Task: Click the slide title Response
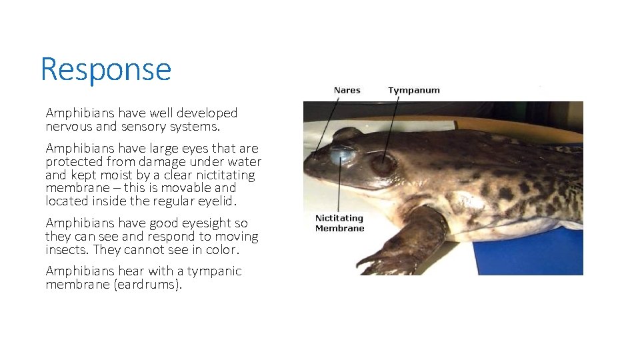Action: (x=105, y=69)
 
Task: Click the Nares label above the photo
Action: (x=347, y=90)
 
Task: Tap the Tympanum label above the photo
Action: (x=414, y=90)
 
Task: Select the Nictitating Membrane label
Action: (x=339, y=223)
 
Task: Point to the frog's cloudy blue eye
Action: (x=342, y=155)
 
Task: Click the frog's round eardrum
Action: (x=384, y=164)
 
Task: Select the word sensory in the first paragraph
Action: (x=139, y=127)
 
